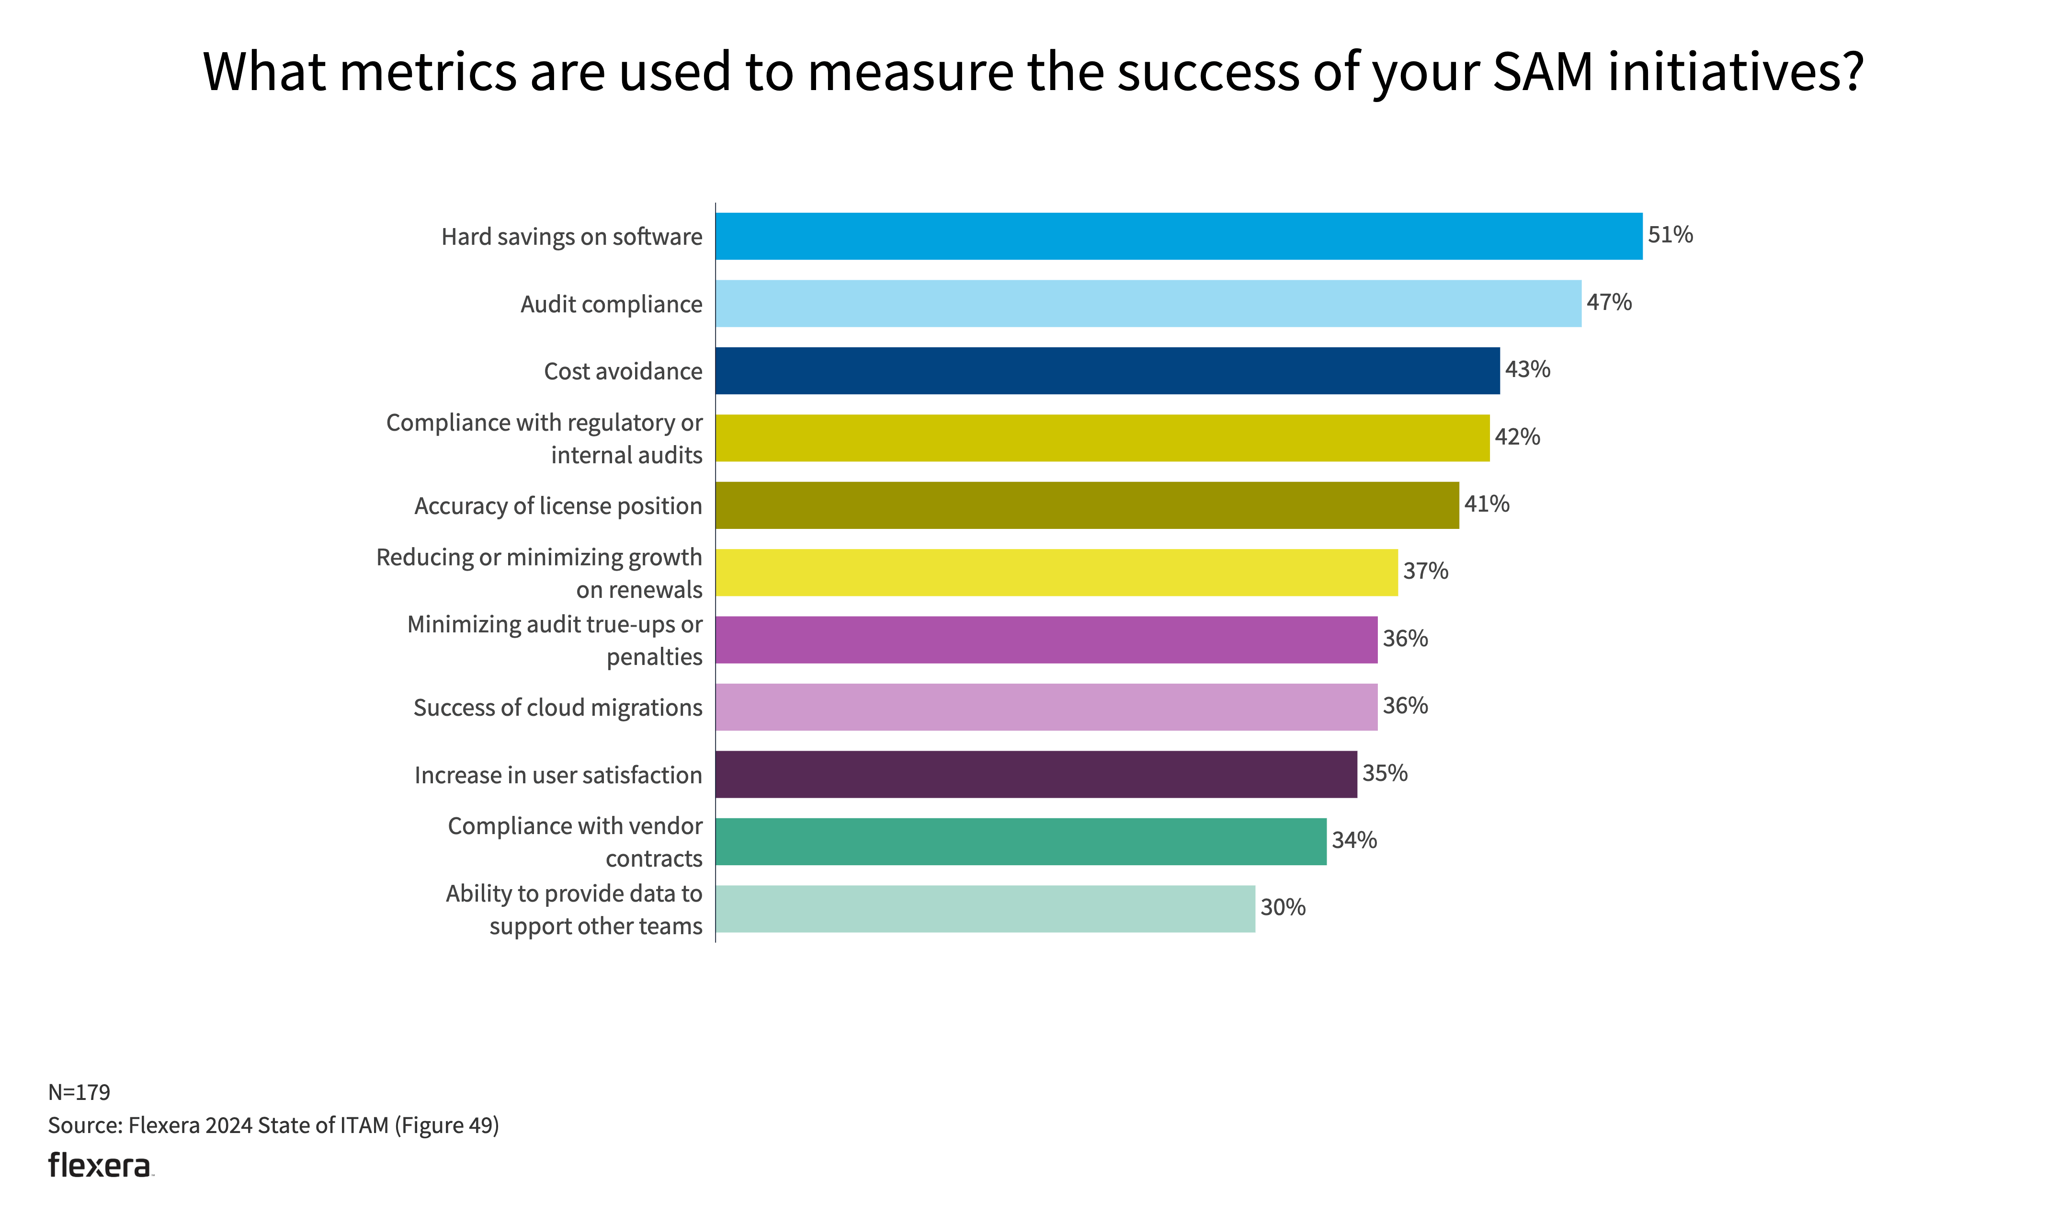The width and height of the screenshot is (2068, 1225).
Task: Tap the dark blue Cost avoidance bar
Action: click(x=1107, y=371)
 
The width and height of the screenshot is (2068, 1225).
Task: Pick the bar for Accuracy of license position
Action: click(x=1086, y=505)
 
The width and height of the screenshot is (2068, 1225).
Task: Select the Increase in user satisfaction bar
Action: click(x=1035, y=774)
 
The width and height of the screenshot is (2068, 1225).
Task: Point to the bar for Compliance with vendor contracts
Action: click(x=1020, y=841)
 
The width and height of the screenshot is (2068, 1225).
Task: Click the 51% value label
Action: click(x=1670, y=235)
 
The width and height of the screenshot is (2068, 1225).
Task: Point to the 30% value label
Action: click(x=1283, y=908)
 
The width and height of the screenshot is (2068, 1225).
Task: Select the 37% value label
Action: click(x=1425, y=571)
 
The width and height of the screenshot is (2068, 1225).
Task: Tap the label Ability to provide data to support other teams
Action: click(x=574, y=910)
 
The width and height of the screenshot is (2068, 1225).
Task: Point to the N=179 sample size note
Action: click(x=79, y=1092)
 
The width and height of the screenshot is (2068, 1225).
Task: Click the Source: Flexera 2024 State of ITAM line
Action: click(x=273, y=1125)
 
